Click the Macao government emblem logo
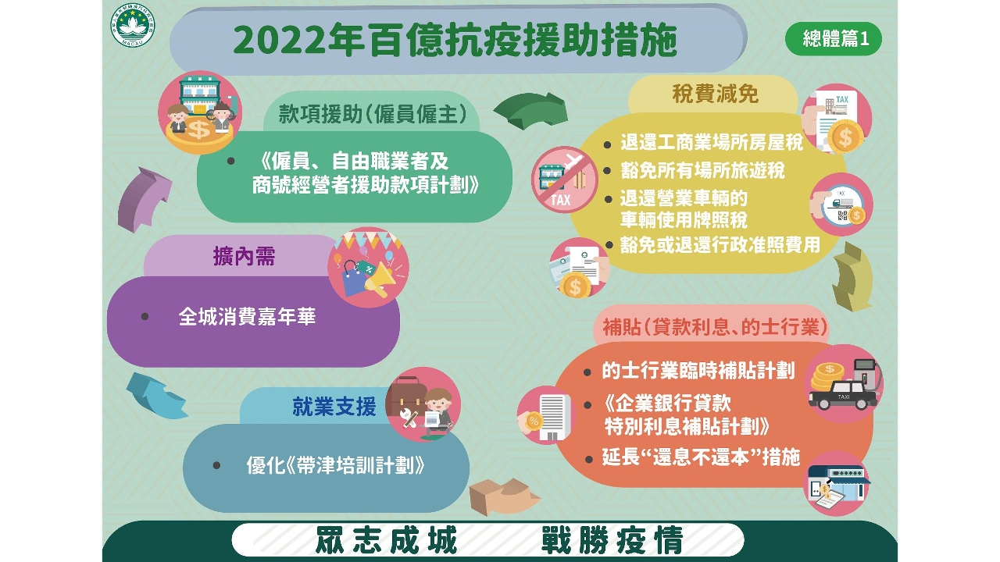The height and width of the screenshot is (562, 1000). [133, 26]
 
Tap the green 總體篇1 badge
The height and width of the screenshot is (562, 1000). [834, 39]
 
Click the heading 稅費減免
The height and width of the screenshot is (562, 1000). [715, 94]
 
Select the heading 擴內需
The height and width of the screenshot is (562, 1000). [245, 257]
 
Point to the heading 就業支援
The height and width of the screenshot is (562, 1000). [334, 407]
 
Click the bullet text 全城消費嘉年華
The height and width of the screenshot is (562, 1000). [247, 317]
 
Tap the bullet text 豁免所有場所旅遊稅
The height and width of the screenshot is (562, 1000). [702, 170]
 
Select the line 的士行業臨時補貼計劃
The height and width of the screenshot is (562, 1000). [698, 371]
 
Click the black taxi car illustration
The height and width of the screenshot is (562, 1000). [843, 395]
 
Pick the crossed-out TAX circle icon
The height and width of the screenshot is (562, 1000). [565, 180]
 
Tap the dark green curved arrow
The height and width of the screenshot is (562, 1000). [530, 111]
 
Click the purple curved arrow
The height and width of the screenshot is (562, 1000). [142, 199]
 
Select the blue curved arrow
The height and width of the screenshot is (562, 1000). [156, 396]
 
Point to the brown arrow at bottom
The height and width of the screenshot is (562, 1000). [504, 496]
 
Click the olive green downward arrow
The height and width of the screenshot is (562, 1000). [852, 277]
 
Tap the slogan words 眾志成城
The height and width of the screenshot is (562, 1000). [386, 540]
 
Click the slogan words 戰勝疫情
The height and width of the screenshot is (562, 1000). [612, 540]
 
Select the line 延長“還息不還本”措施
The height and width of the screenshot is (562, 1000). [701, 457]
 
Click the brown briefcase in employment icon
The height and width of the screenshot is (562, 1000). [404, 396]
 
